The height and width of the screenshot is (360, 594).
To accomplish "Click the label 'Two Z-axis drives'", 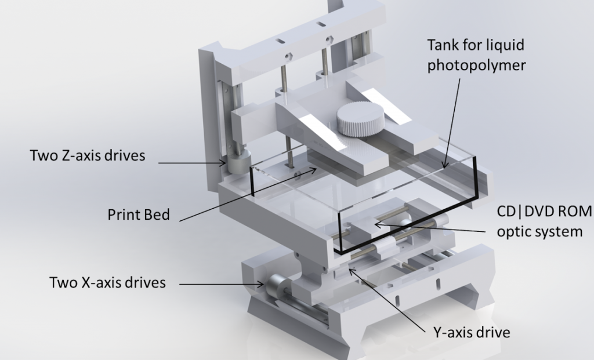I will tap(88, 156).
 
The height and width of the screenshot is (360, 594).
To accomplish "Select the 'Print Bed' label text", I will tap(139, 214).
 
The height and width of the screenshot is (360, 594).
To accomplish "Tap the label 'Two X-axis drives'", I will tap(107, 283).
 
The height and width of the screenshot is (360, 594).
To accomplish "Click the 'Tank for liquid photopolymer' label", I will tap(476, 55).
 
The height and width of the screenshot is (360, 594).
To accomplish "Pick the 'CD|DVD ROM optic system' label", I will tap(545, 221).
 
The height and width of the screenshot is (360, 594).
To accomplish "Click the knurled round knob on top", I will tap(360, 119).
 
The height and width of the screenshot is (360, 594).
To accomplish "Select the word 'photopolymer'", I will tap(476, 65).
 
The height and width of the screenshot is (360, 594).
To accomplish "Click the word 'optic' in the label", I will tap(513, 232).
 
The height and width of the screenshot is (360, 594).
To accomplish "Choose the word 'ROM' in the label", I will tap(575, 212).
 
